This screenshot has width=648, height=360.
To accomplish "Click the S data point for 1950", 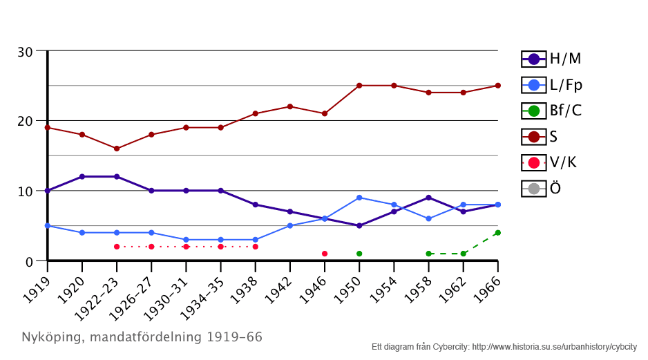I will click(359, 86).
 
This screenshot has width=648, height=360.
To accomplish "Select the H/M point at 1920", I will click(82, 177).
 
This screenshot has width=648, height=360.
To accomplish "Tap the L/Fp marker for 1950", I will click(359, 198).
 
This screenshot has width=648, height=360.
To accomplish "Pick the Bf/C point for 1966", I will click(497, 233).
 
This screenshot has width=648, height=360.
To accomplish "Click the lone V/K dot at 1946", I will click(325, 254).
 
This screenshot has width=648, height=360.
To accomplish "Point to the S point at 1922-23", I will click(117, 149).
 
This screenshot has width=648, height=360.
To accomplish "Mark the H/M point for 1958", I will click(428, 198).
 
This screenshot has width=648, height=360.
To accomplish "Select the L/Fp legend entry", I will click(552, 85).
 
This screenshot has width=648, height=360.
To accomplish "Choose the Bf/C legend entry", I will click(551, 111).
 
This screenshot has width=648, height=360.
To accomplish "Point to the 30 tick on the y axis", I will click(26, 52).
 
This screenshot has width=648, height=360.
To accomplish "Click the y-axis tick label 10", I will click(26, 191).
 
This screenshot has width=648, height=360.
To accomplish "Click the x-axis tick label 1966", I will click(490, 283).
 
